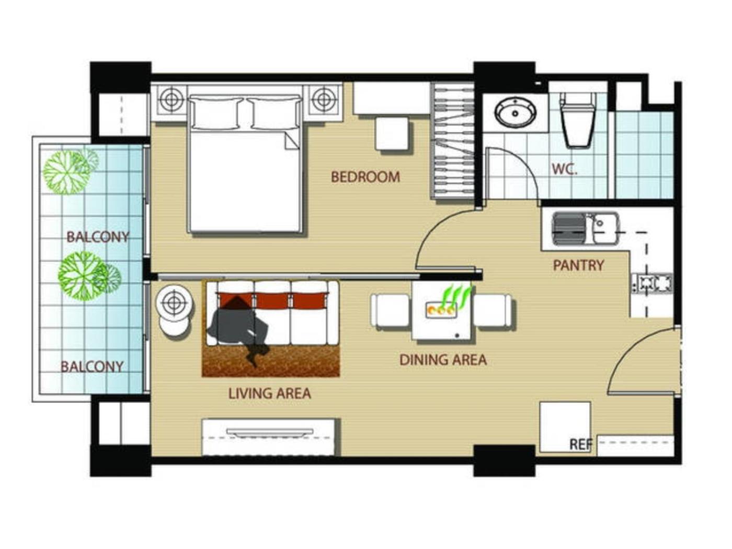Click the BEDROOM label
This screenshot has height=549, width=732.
tap(365, 177)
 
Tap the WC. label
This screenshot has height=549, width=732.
tap(564, 169)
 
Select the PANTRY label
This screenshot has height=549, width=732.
tap(579, 265)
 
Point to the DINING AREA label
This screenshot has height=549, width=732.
tap(443, 360)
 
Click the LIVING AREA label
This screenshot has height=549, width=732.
tap(269, 394)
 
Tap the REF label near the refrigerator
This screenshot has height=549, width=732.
tap(581, 444)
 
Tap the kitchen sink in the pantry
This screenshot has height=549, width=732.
tap(586, 229)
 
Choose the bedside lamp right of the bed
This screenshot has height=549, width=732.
tap(323, 99)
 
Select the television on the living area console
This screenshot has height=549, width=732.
tap(269, 432)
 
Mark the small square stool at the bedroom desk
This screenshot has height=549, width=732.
tap(392, 133)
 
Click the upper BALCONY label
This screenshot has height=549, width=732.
tap(98, 237)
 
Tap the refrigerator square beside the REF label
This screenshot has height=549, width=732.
tap(565, 427)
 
